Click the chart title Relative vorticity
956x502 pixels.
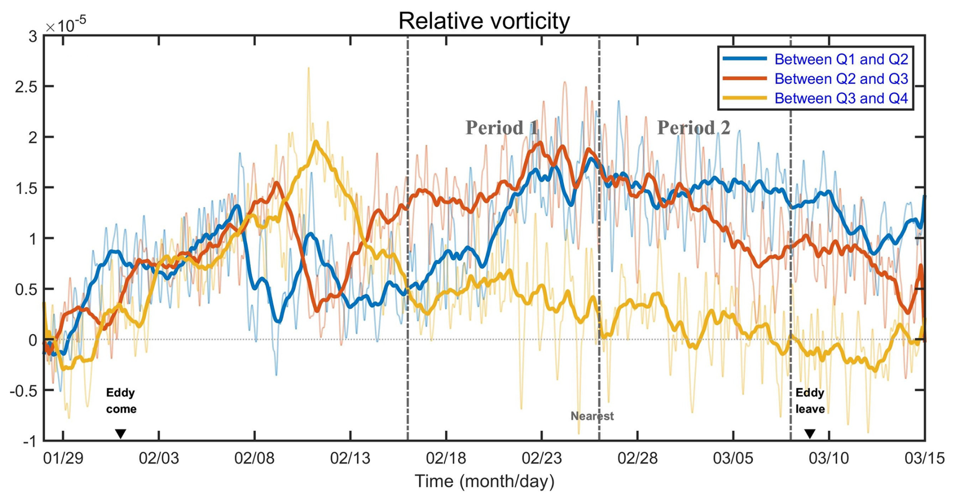click(484, 21)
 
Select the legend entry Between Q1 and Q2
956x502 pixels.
click(841, 60)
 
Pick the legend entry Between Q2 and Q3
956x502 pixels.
click(841, 79)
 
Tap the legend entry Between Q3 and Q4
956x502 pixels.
click(841, 98)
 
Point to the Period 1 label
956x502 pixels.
click(502, 128)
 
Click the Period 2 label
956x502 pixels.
click(693, 128)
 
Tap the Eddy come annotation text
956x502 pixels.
click(121, 401)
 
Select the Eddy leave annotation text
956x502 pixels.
click(810, 401)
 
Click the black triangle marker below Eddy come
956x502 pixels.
click(120, 434)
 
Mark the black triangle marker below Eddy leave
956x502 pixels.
click(810, 434)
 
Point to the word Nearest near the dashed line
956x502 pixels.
click(592, 416)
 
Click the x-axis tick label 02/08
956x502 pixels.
click(255, 459)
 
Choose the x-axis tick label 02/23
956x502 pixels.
click(542, 459)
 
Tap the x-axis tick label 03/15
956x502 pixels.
click(924, 459)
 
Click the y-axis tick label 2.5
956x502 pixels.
click(26, 87)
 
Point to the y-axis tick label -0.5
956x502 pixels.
click(24, 391)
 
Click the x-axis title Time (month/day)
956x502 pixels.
click(484, 481)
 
